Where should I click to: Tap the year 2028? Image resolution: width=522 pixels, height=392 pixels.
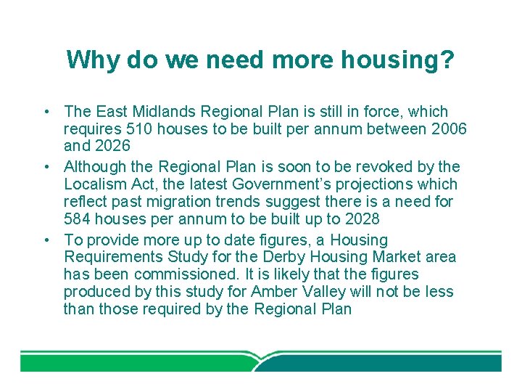[362, 219]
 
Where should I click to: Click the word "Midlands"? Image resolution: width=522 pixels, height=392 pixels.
[167, 112]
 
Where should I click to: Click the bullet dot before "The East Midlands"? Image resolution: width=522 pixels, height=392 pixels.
[46, 113]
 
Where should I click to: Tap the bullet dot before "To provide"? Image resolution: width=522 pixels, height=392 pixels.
[46, 240]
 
